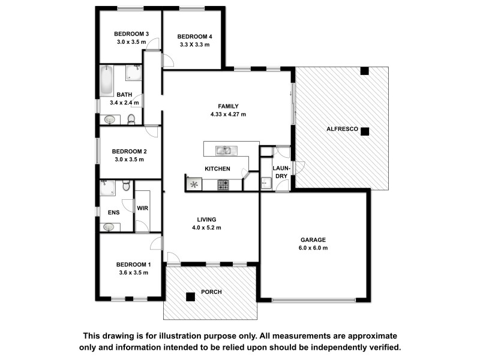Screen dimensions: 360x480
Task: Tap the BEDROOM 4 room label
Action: click(x=194, y=37)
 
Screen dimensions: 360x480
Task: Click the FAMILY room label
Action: click(x=228, y=106)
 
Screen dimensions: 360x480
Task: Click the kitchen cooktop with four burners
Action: click(x=223, y=185)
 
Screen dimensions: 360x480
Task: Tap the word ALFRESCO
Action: click(x=343, y=129)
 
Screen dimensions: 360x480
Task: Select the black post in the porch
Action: click(x=190, y=295)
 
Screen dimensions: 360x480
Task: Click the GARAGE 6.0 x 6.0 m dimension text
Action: click(x=313, y=248)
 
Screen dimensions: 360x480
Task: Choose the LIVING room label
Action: click(x=207, y=220)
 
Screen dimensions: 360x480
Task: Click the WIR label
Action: click(x=142, y=208)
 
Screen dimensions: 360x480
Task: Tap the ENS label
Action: click(x=113, y=212)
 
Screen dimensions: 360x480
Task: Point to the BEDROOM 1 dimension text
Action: click(x=133, y=272)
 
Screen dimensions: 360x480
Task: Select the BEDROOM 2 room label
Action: click(x=129, y=151)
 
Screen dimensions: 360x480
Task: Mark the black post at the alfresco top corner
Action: click(x=364, y=71)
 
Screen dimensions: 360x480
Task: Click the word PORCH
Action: click(x=211, y=292)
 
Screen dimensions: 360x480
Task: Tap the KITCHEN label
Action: click(x=217, y=169)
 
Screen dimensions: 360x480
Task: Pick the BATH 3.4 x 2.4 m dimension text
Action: click(x=124, y=103)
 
